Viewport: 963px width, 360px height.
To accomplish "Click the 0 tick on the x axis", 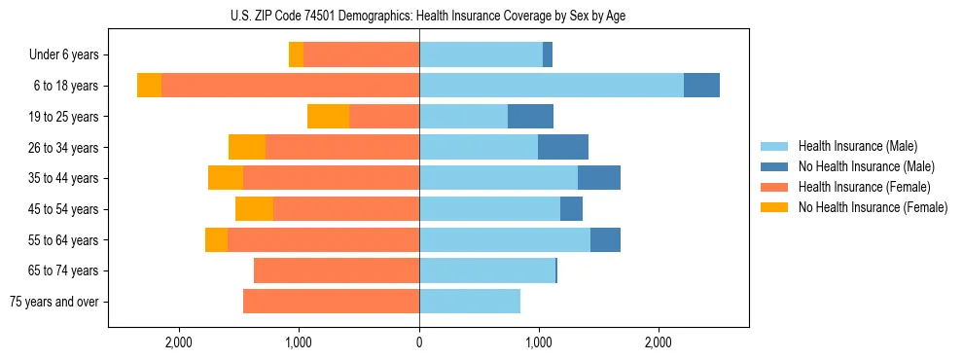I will click(x=419, y=342).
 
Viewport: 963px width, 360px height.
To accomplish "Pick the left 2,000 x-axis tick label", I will click(x=179, y=342).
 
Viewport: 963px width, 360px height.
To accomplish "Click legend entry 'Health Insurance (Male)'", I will click(x=857, y=146).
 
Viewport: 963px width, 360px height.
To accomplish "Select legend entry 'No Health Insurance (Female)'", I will click(x=873, y=207).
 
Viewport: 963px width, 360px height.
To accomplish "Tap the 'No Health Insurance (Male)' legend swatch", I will click(x=775, y=166).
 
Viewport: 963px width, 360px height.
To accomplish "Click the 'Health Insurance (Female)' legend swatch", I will click(x=775, y=187).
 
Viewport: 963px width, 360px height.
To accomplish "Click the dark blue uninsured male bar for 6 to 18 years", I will click(x=701, y=86).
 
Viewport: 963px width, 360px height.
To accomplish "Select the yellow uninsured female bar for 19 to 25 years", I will click(x=328, y=117).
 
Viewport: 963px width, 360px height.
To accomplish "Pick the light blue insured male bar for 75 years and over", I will click(x=470, y=302).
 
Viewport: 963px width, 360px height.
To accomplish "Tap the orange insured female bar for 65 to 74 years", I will click(x=337, y=270).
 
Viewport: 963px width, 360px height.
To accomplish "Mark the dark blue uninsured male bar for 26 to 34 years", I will click(x=563, y=148).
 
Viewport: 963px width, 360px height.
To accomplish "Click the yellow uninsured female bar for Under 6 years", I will click(x=296, y=55).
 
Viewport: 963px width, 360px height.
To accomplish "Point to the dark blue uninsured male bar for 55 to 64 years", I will click(x=605, y=240).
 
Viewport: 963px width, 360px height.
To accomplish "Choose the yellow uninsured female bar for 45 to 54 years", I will click(x=254, y=209).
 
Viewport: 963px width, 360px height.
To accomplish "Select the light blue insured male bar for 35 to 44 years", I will click(x=498, y=178).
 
